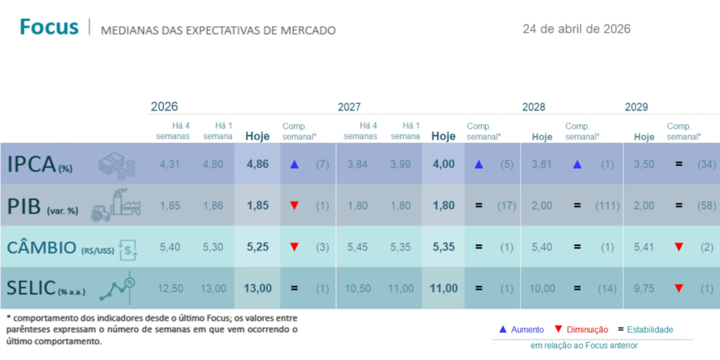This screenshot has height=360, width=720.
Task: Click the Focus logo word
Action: click(x=49, y=27)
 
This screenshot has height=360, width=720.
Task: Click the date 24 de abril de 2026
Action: click(x=577, y=29)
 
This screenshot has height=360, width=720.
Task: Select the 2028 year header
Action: click(x=534, y=107)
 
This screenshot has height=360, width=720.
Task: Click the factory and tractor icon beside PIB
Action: click(x=112, y=205)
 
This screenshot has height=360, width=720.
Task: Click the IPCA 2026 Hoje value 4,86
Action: click(x=257, y=165)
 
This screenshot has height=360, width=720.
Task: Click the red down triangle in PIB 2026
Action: click(x=295, y=205)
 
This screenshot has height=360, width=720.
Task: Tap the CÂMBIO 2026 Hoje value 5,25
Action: click(x=257, y=247)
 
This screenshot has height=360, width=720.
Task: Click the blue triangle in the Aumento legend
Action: click(x=503, y=329)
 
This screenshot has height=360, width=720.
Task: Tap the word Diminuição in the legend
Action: click(x=587, y=329)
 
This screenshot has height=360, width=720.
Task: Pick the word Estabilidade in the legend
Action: click(x=650, y=329)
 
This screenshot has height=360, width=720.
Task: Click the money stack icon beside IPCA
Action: click(x=116, y=165)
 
